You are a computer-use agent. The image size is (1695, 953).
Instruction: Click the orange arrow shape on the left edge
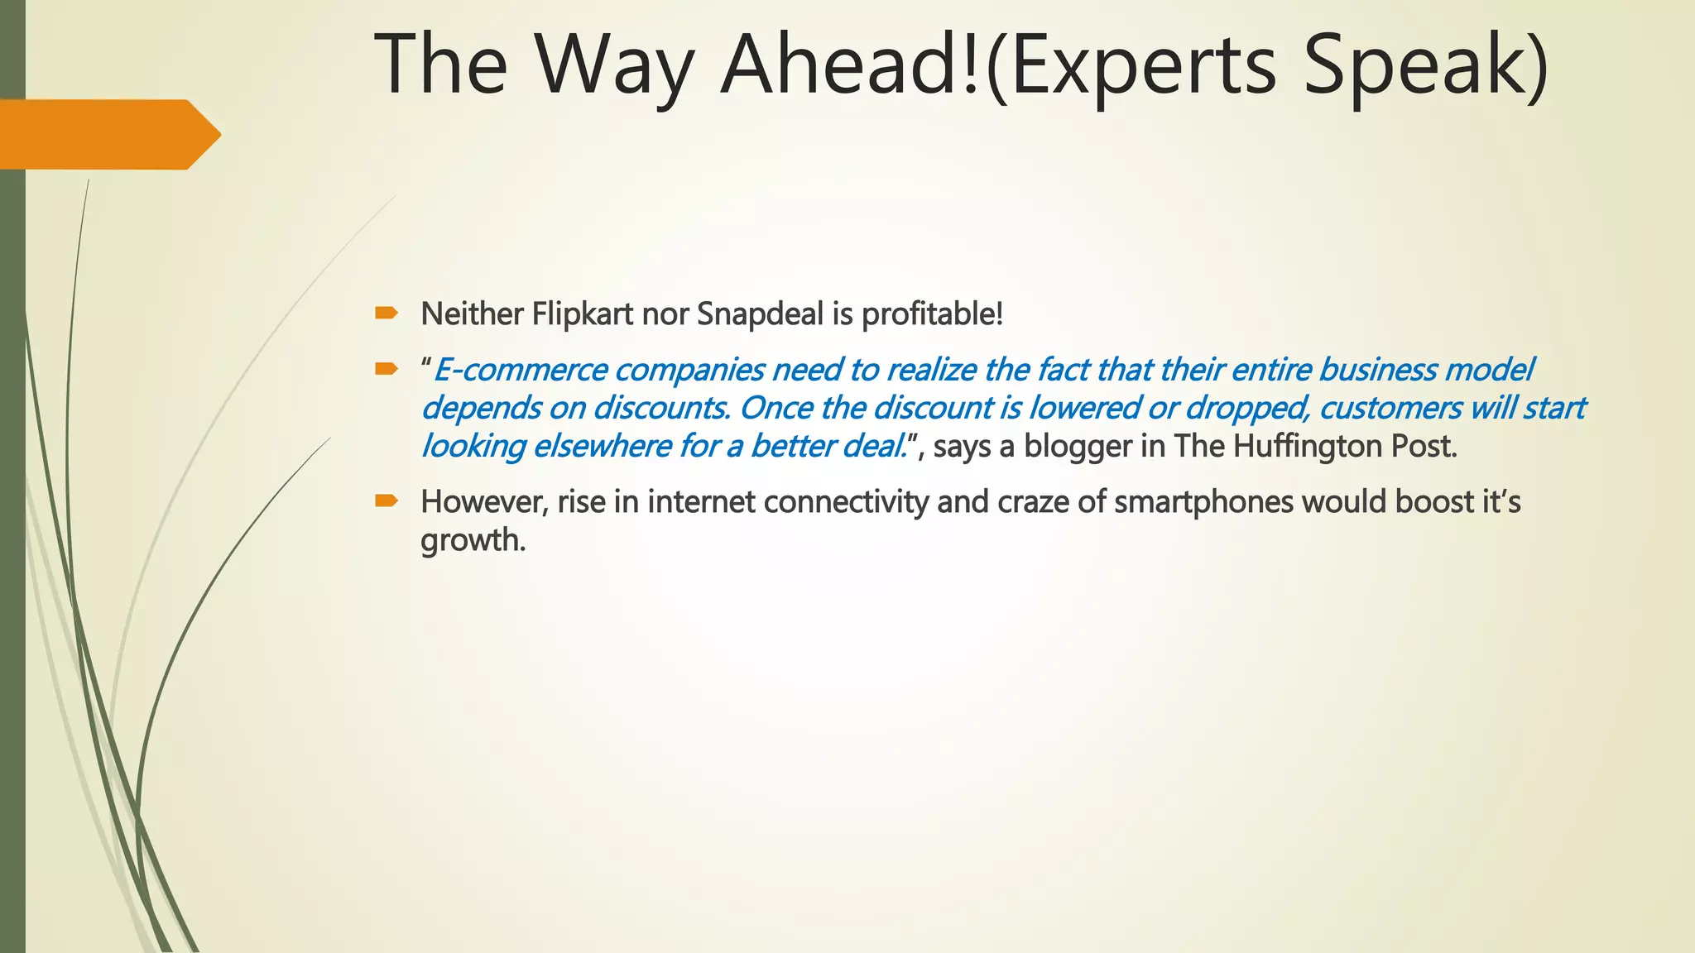coord(108,134)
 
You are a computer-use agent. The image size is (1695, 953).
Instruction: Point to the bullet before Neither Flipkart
coord(386,313)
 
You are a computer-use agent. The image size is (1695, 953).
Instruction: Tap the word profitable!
coord(932,314)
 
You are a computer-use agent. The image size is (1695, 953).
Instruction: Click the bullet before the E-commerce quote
coord(386,368)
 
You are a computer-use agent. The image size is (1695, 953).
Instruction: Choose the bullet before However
coord(386,500)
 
